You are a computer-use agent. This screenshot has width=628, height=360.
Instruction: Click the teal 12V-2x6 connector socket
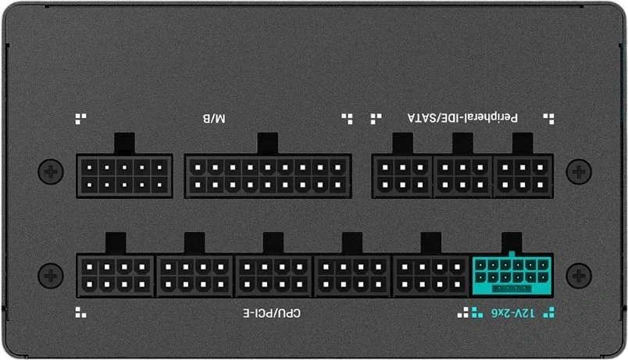[512, 276]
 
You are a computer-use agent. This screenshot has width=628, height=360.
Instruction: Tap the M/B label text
[214, 119]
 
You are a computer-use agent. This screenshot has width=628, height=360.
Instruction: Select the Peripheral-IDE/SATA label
[462, 118]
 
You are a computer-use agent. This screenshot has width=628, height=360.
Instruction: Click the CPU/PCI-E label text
[272, 312]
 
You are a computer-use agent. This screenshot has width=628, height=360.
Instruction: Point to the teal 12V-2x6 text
[512, 312]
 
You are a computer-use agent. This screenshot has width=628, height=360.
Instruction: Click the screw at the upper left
[51, 172]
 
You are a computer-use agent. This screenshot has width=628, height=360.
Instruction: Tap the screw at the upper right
[578, 172]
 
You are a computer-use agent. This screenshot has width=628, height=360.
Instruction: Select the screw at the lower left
[51, 276]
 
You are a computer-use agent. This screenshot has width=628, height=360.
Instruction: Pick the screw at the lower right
[578, 276]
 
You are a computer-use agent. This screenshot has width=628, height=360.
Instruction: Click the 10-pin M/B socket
[124, 176]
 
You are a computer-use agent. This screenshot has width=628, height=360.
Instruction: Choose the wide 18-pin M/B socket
[268, 176]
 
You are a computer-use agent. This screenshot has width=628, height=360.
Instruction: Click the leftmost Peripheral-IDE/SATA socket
[402, 176]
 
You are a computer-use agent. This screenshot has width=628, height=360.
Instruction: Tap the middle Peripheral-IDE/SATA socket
[462, 176]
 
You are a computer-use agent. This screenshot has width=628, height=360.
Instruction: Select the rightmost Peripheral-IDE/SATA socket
[523, 176]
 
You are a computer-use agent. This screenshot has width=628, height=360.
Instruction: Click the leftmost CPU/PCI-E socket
[116, 276]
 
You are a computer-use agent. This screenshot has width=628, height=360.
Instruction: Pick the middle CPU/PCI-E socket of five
[273, 276]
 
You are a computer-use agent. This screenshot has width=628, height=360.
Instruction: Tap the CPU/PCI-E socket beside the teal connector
[431, 276]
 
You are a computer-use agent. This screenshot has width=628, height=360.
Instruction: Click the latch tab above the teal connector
[512, 243]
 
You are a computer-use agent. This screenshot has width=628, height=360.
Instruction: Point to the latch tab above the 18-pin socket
[268, 144]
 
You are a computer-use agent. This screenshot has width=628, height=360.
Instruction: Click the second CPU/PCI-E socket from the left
[194, 276]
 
